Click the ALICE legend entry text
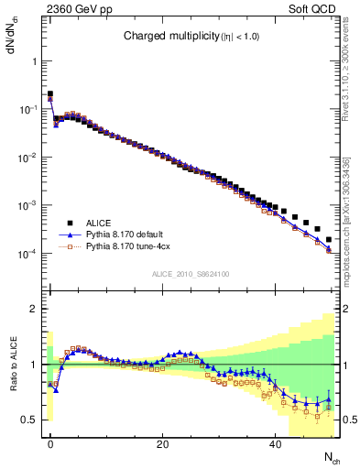tap(101, 223)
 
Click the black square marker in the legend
tap(69, 223)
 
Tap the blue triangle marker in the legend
tap(69, 234)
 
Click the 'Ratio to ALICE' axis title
tap(14, 364)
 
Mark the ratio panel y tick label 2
tap(32, 309)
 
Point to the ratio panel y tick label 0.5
tap(27, 420)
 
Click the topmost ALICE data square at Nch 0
tap(50, 93)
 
